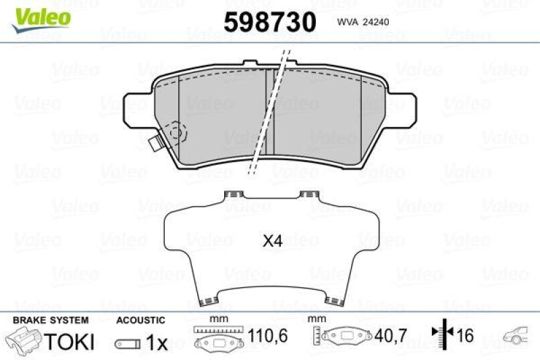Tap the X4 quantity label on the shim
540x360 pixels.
click(272, 240)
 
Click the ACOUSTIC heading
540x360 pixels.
click(140, 320)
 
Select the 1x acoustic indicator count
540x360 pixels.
click(157, 342)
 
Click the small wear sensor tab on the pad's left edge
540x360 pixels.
click(155, 143)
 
